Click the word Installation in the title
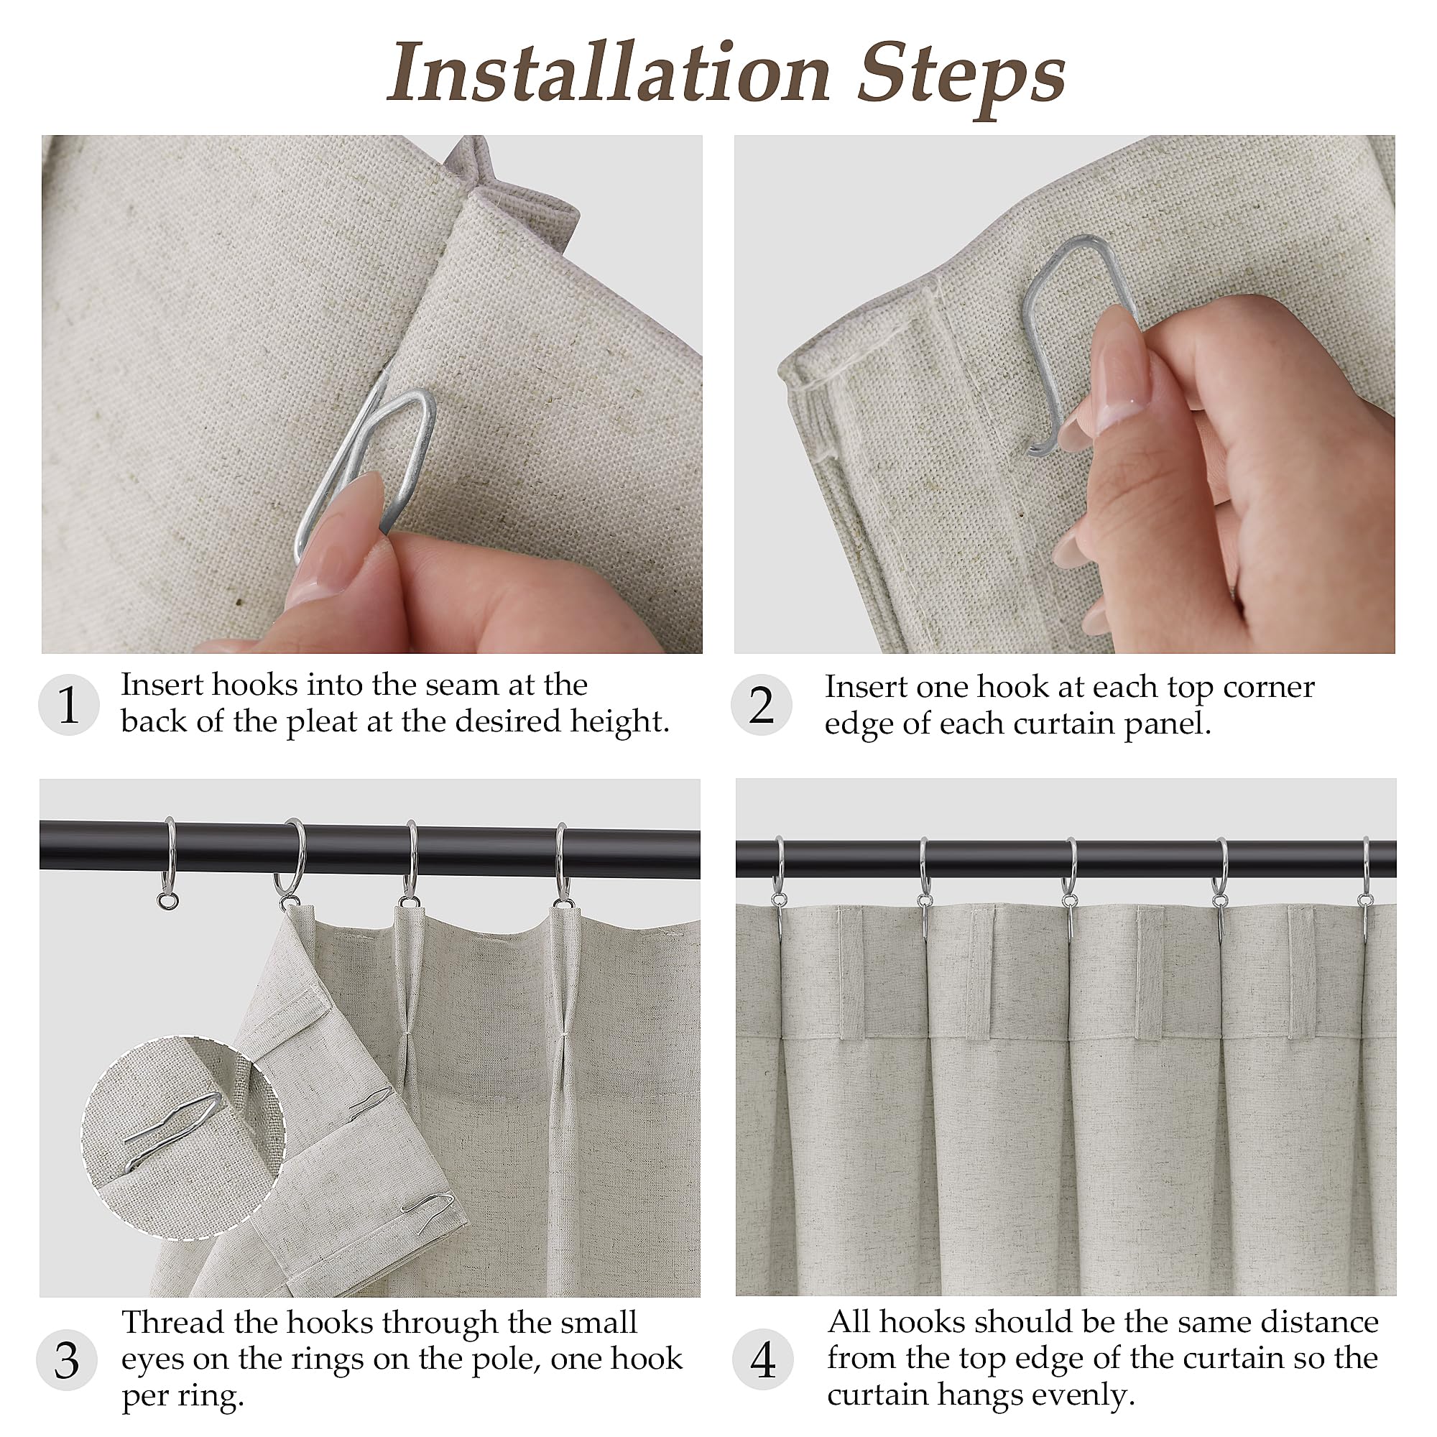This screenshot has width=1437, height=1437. tap(609, 73)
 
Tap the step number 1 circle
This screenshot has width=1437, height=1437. tap(68, 704)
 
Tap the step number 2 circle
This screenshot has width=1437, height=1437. tap(761, 704)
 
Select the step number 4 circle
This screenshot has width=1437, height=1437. tap(763, 1359)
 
